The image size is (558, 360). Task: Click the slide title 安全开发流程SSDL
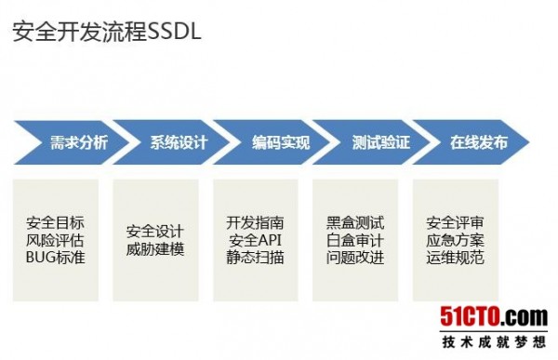pos(107,34)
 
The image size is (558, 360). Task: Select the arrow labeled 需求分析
pos(78,143)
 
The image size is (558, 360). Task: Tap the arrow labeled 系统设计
pos(179,143)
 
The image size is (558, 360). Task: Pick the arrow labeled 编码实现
pos(280,143)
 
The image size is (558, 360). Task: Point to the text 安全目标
pos(56,223)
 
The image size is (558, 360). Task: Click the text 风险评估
pos(56,240)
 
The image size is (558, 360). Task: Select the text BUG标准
pos(56,257)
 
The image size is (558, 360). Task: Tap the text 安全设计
pos(155,232)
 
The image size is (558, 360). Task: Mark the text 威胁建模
pos(155,248)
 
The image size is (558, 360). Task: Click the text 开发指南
pos(255,223)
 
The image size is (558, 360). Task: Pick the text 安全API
pos(255,240)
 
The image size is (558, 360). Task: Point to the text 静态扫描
pos(255,257)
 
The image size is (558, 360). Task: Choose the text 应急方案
pos(455,240)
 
